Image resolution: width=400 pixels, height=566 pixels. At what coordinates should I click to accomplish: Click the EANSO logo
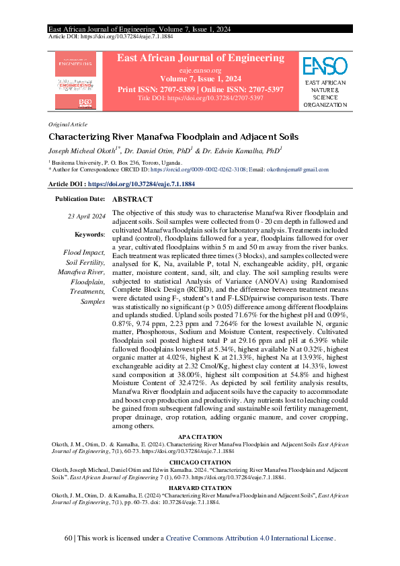click(325, 66)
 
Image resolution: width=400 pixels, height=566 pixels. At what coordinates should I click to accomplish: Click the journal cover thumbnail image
click(75, 82)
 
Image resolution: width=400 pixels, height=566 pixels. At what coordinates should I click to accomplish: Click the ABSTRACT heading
click(132, 200)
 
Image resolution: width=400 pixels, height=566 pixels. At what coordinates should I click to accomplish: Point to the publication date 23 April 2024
click(86, 216)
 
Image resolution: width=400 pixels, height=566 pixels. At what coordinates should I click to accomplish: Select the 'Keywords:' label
click(90, 234)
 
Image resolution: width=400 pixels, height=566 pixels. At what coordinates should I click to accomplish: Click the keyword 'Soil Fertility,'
click(85, 262)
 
